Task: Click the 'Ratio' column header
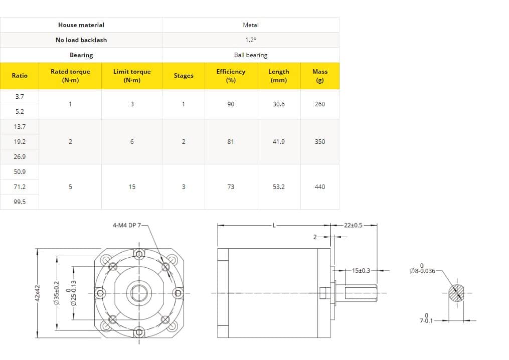pos(20,76)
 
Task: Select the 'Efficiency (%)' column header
pos(231,76)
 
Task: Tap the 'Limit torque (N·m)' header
pos(132,76)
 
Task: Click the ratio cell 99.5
pos(20,202)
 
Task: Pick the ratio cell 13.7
pos(20,127)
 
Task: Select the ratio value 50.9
pos(20,171)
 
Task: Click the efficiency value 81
pos(231,142)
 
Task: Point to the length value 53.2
pos(278,187)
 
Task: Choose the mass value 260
pos(319,104)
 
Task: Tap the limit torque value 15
pos(132,187)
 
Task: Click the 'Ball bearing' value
pos(250,55)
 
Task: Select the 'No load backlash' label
pos(81,40)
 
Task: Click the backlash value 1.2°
pos(250,40)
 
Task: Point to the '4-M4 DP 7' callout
pos(128,226)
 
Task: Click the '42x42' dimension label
pos(37,293)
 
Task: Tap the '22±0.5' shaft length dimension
pos(354,225)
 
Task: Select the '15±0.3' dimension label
pos(361,271)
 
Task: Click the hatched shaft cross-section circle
pos(456,293)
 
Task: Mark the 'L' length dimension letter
pos(274,225)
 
